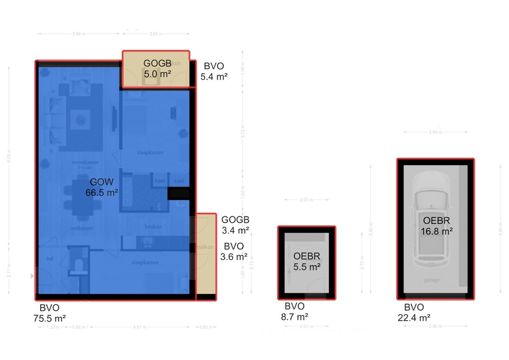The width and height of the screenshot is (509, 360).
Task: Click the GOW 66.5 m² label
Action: (103, 187)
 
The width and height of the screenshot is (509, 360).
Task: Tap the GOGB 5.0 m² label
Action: (157, 69)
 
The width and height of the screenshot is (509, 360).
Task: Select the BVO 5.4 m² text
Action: (214, 71)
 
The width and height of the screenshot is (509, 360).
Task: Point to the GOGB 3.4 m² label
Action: (235, 225)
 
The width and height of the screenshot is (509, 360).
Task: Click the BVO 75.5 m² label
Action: (53, 312)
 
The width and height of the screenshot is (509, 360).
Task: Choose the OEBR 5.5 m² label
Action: (307, 262)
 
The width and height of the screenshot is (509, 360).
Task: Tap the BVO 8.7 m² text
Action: (294, 311)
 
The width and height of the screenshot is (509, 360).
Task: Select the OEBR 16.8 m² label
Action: (437, 226)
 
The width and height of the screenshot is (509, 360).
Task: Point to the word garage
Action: (432, 280)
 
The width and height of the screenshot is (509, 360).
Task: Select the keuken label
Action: (153, 227)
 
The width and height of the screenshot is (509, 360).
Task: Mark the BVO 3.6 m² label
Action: (234, 252)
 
